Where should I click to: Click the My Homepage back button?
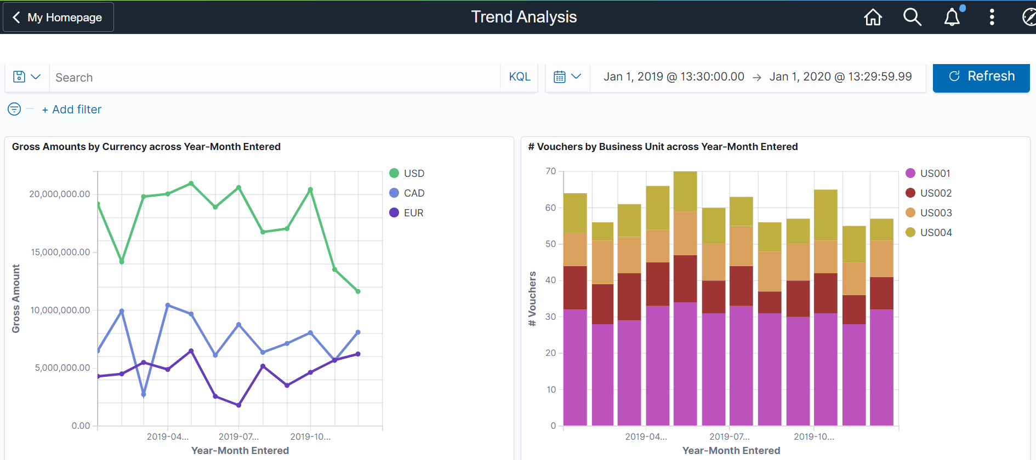coord(58,18)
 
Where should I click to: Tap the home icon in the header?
coord(873,18)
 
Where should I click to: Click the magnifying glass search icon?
coord(912,18)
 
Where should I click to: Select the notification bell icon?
coord(952,18)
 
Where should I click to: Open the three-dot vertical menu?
coord(992,18)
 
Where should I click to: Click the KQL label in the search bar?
coord(519,77)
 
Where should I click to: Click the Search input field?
coord(274,78)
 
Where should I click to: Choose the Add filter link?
coord(72,110)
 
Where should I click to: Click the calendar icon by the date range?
coord(560,77)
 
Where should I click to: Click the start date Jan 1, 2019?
coord(674,77)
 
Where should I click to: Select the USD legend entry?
coord(407,174)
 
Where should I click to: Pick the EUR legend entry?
coord(407,213)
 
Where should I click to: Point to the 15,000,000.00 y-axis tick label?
coord(60,252)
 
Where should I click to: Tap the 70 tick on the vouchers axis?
coord(550,171)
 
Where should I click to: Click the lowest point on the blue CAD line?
coord(144,394)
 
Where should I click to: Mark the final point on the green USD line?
coord(358,291)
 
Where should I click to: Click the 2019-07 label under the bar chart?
coord(729,436)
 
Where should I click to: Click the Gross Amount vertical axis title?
coord(16,298)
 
